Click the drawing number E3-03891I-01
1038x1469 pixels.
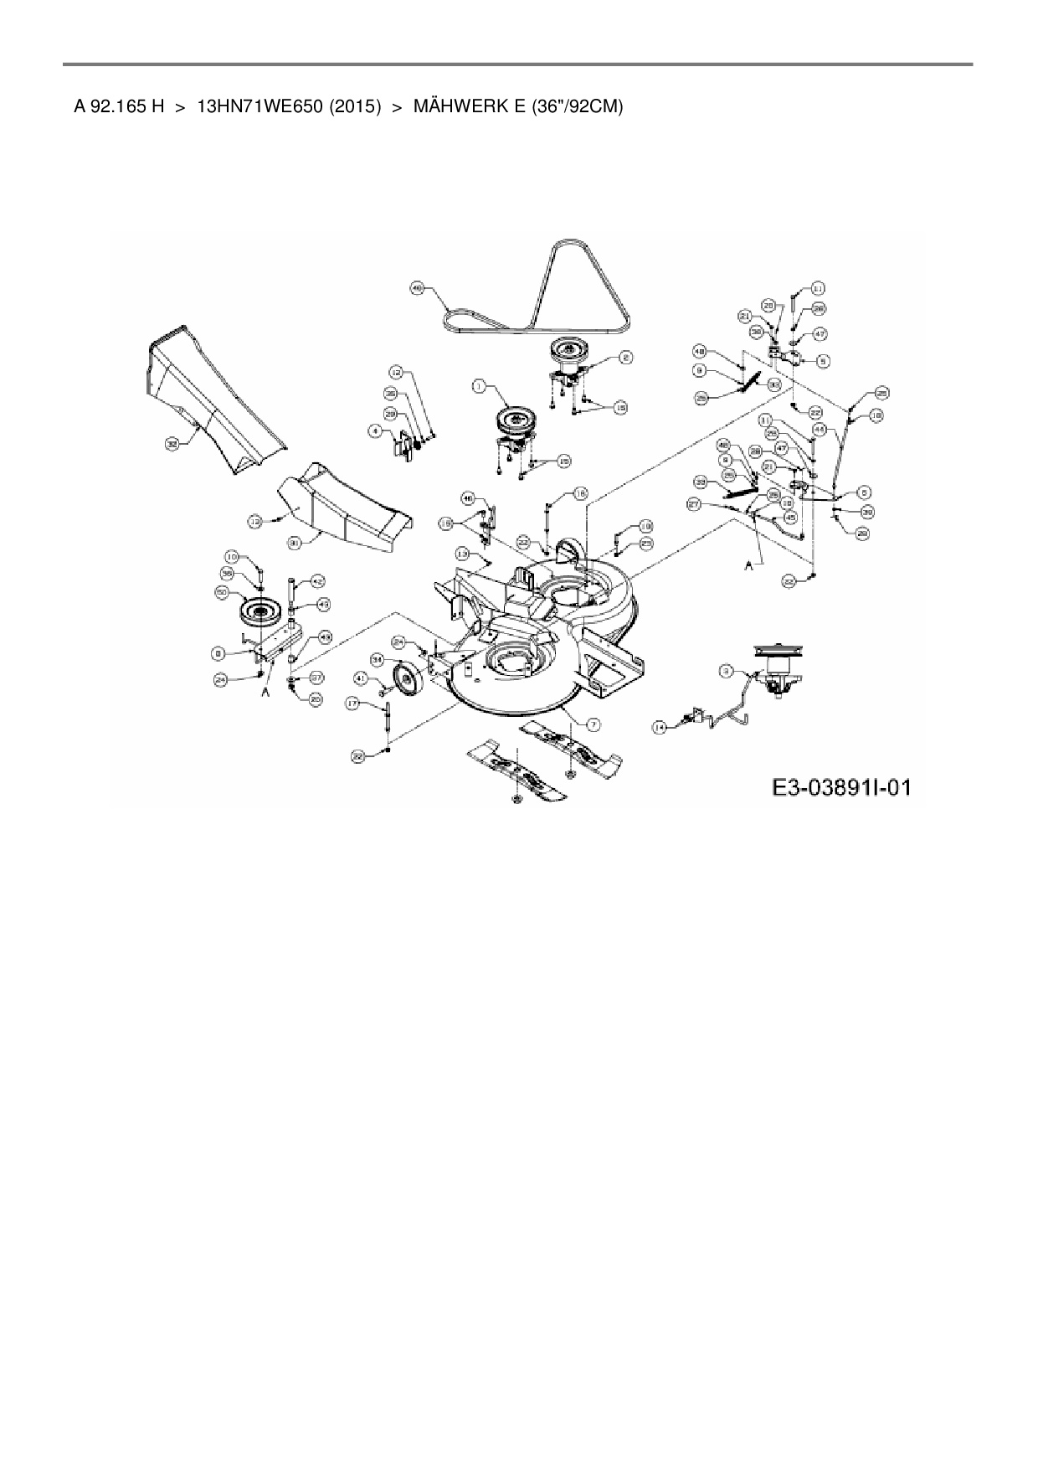point(840,788)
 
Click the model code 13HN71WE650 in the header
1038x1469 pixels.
point(259,106)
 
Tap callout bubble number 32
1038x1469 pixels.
point(172,444)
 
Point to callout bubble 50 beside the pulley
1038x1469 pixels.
point(222,592)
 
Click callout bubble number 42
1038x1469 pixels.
point(317,580)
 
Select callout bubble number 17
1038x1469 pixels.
point(354,704)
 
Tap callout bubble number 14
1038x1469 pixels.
point(660,728)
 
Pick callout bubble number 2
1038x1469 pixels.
point(624,358)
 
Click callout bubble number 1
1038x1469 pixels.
point(478,386)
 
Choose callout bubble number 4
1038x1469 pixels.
point(376,431)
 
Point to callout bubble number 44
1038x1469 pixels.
point(820,429)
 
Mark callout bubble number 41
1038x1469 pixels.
point(361,678)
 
